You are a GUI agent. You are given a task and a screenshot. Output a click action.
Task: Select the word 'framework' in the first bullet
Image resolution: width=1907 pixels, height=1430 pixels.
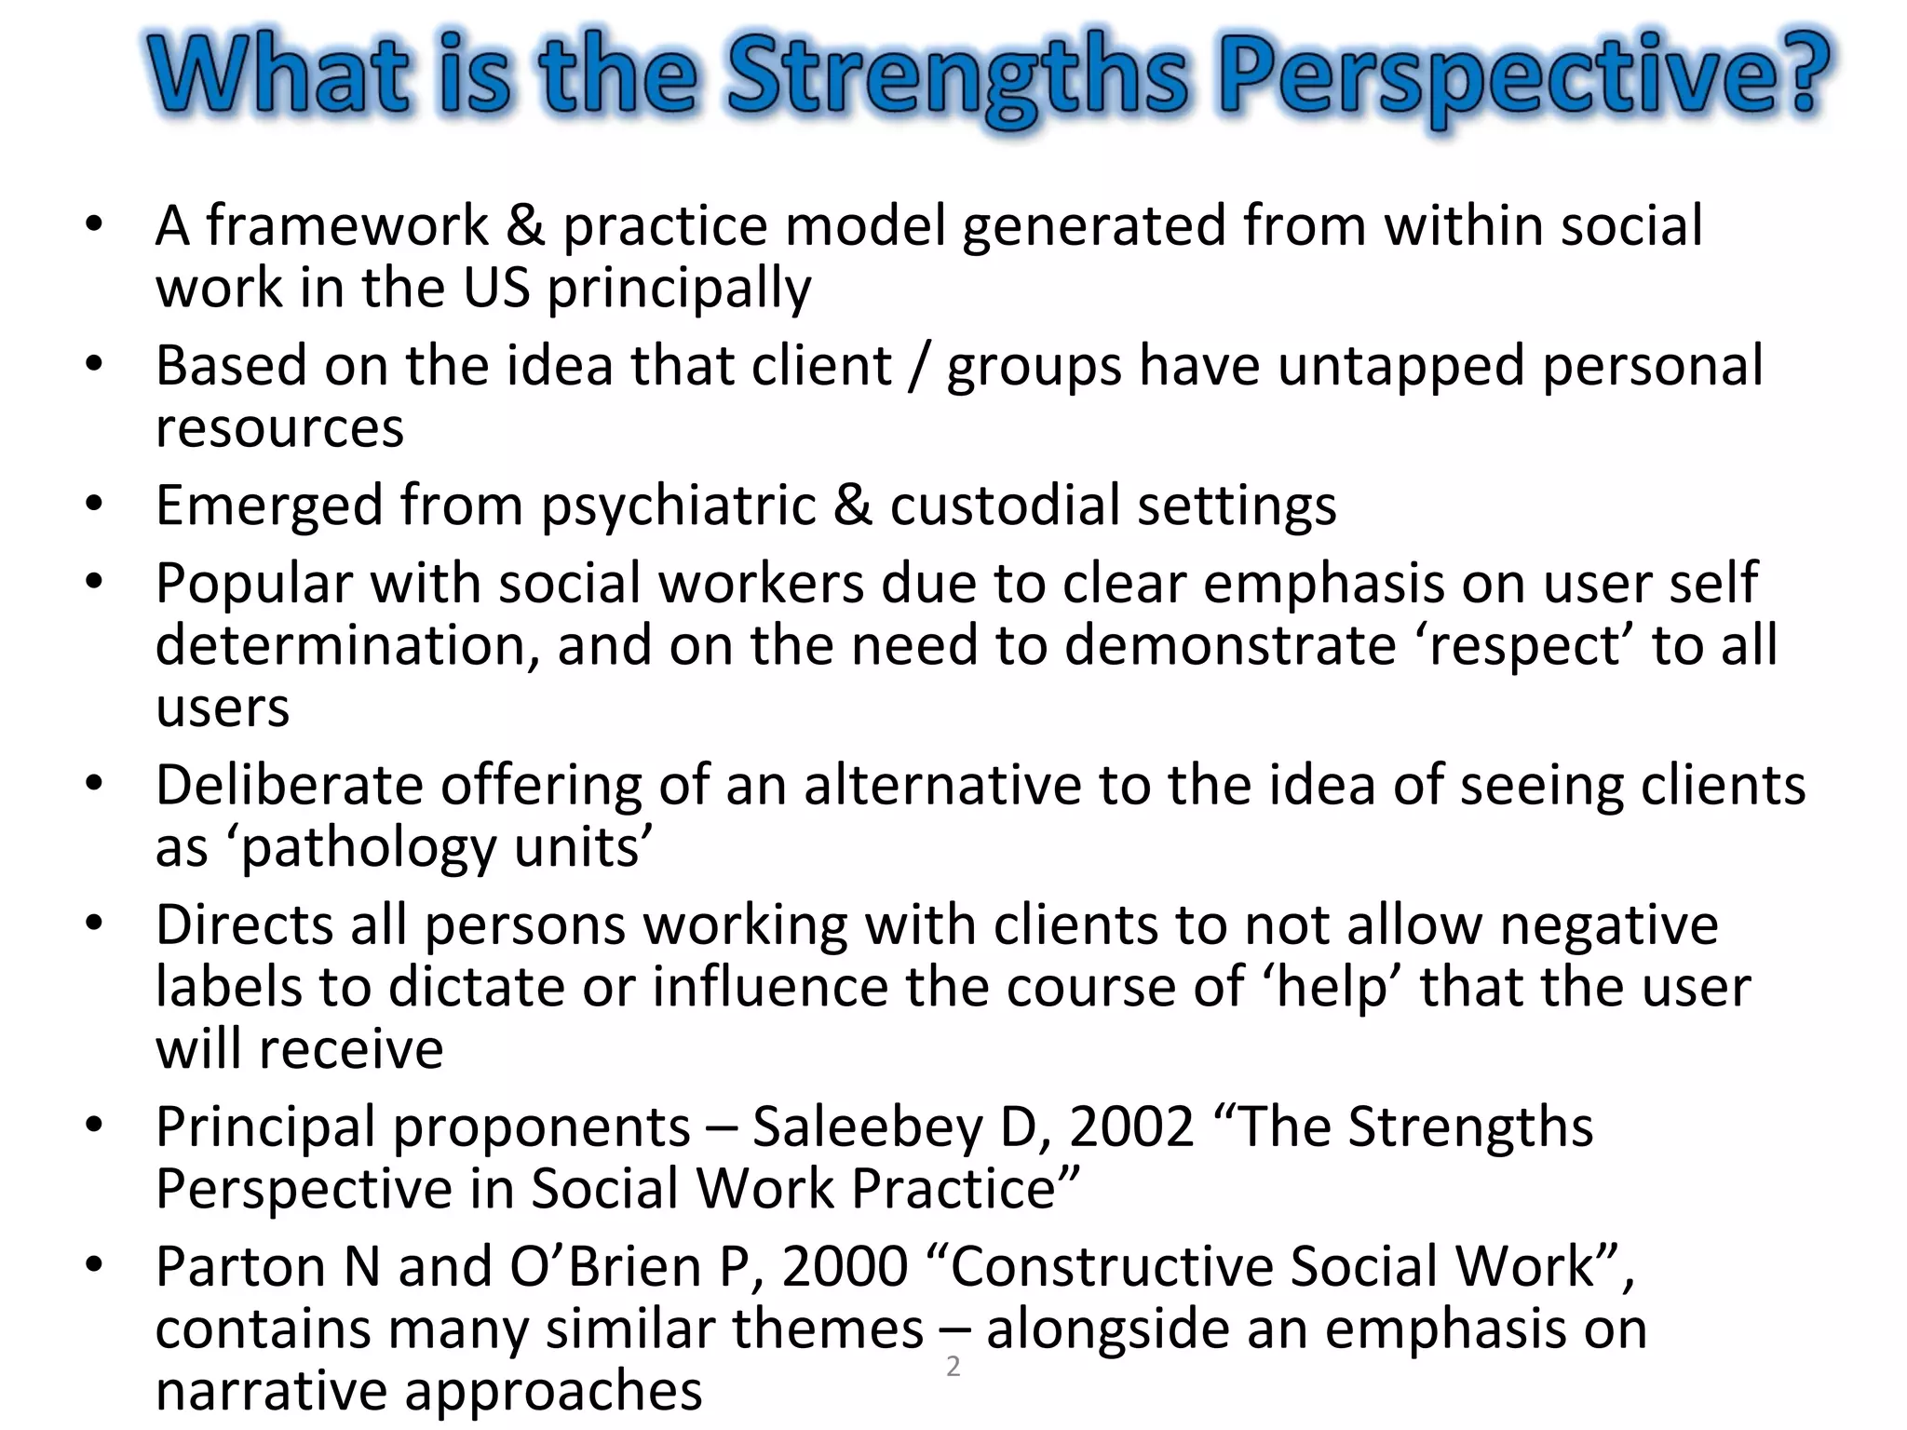point(346,226)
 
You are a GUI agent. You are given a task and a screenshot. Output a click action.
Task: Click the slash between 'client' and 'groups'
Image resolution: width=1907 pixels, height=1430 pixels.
point(919,366)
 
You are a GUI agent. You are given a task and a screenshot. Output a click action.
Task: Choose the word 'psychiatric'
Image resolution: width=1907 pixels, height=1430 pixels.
point(679,506)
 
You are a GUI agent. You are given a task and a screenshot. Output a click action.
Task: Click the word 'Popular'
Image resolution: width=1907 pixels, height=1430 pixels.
point(254,584)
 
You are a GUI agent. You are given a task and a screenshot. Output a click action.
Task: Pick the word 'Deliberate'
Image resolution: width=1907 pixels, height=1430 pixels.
point(290,786)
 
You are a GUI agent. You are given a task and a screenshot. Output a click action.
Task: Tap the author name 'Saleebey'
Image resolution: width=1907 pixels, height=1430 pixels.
point(867,1127)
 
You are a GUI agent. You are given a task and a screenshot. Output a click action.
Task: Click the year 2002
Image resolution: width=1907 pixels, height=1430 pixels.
point(1131,1127)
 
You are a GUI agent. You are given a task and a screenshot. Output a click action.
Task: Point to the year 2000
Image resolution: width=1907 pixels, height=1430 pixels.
point(845,1267)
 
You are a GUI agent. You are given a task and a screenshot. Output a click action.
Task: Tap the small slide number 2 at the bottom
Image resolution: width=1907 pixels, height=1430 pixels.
point(953,1367)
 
